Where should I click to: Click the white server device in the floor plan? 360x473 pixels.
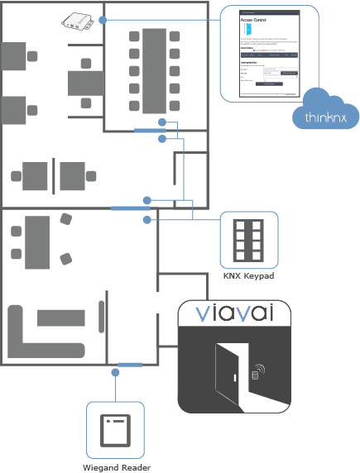[78, 21]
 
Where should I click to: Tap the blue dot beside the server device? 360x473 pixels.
[102, 18]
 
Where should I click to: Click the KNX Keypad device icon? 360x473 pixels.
[248, 240]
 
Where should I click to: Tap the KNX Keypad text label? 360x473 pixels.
[249, 275]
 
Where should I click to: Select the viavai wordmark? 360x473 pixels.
[235, 314]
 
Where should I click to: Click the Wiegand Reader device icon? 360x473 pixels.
[115, 431]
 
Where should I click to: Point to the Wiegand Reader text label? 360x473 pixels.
[116, 467]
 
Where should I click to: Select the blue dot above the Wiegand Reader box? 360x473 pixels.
[115, 371]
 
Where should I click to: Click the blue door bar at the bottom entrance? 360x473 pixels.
[130, 364]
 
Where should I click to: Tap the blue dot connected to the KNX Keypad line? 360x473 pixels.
[147, 220]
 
